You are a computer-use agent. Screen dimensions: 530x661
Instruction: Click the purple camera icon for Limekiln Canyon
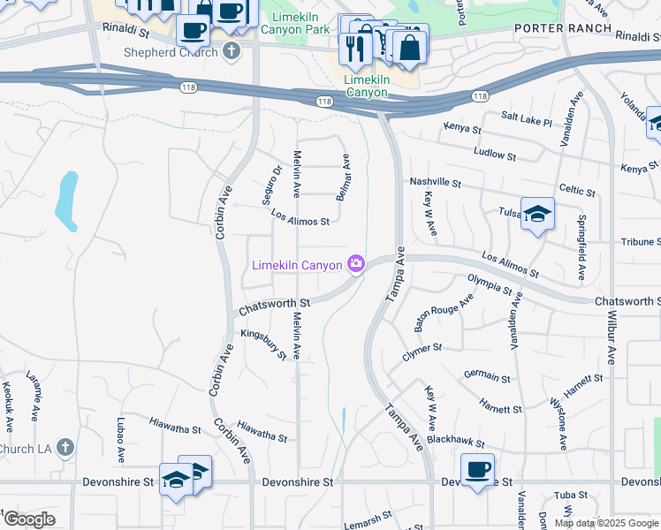[356, 264]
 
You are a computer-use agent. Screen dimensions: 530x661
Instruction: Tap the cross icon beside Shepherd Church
[232, 49]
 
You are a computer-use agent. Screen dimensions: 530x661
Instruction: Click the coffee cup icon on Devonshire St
[478, 468]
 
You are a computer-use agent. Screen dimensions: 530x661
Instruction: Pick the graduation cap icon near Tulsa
[537, 213]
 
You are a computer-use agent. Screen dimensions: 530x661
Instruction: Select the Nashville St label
[436, 182]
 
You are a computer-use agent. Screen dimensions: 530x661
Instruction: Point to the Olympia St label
[490, 284]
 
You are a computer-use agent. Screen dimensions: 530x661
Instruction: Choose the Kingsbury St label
[264, 344]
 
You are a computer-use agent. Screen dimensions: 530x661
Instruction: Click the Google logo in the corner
[29, 519]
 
